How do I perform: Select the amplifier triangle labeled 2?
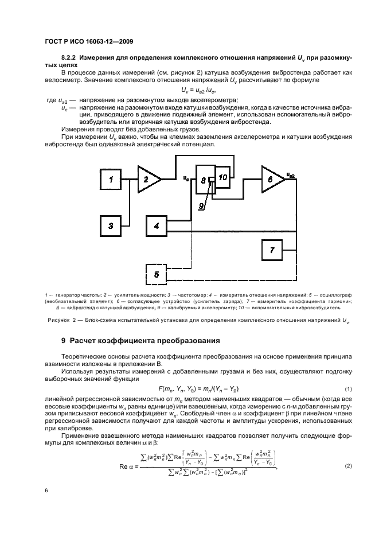pos(147,180)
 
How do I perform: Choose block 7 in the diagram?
pos(272,250)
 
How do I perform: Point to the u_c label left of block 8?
pos(186,177)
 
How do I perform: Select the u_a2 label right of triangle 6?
pos(291,175)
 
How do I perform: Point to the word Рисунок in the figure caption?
pos(60,321)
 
